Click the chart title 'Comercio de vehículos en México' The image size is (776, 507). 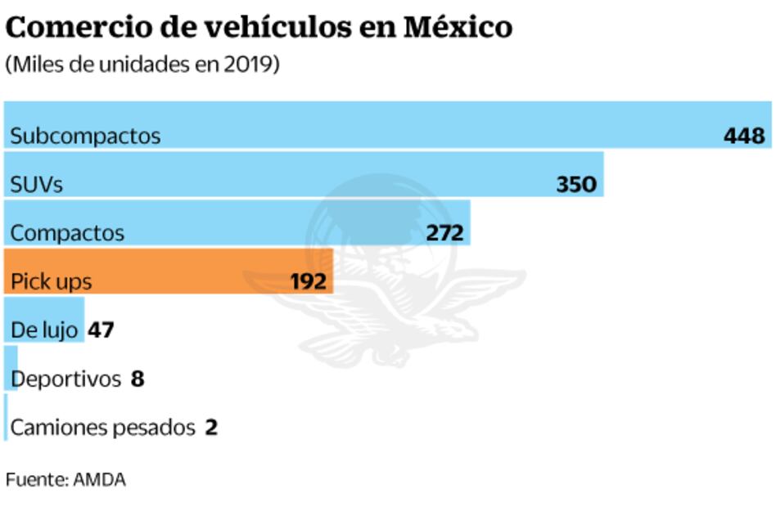coord(259,27)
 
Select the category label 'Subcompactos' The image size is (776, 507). coord(85,136)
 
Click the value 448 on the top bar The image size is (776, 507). coord(743,136)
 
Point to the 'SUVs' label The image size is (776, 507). coord(36,185)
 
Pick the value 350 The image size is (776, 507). coord(576,185)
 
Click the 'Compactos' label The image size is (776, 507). coord(67,233)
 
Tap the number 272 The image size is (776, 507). coord(445,233)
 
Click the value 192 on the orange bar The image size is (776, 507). coord(309,281)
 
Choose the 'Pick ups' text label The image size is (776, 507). coord(51,282)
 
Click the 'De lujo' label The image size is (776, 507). coord(44,330)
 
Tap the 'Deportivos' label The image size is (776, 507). coord(66,379)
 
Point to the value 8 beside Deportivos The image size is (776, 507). coord(138,379)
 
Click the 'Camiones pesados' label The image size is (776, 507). coord(102,428)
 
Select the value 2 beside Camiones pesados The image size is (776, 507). coord(211,428)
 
